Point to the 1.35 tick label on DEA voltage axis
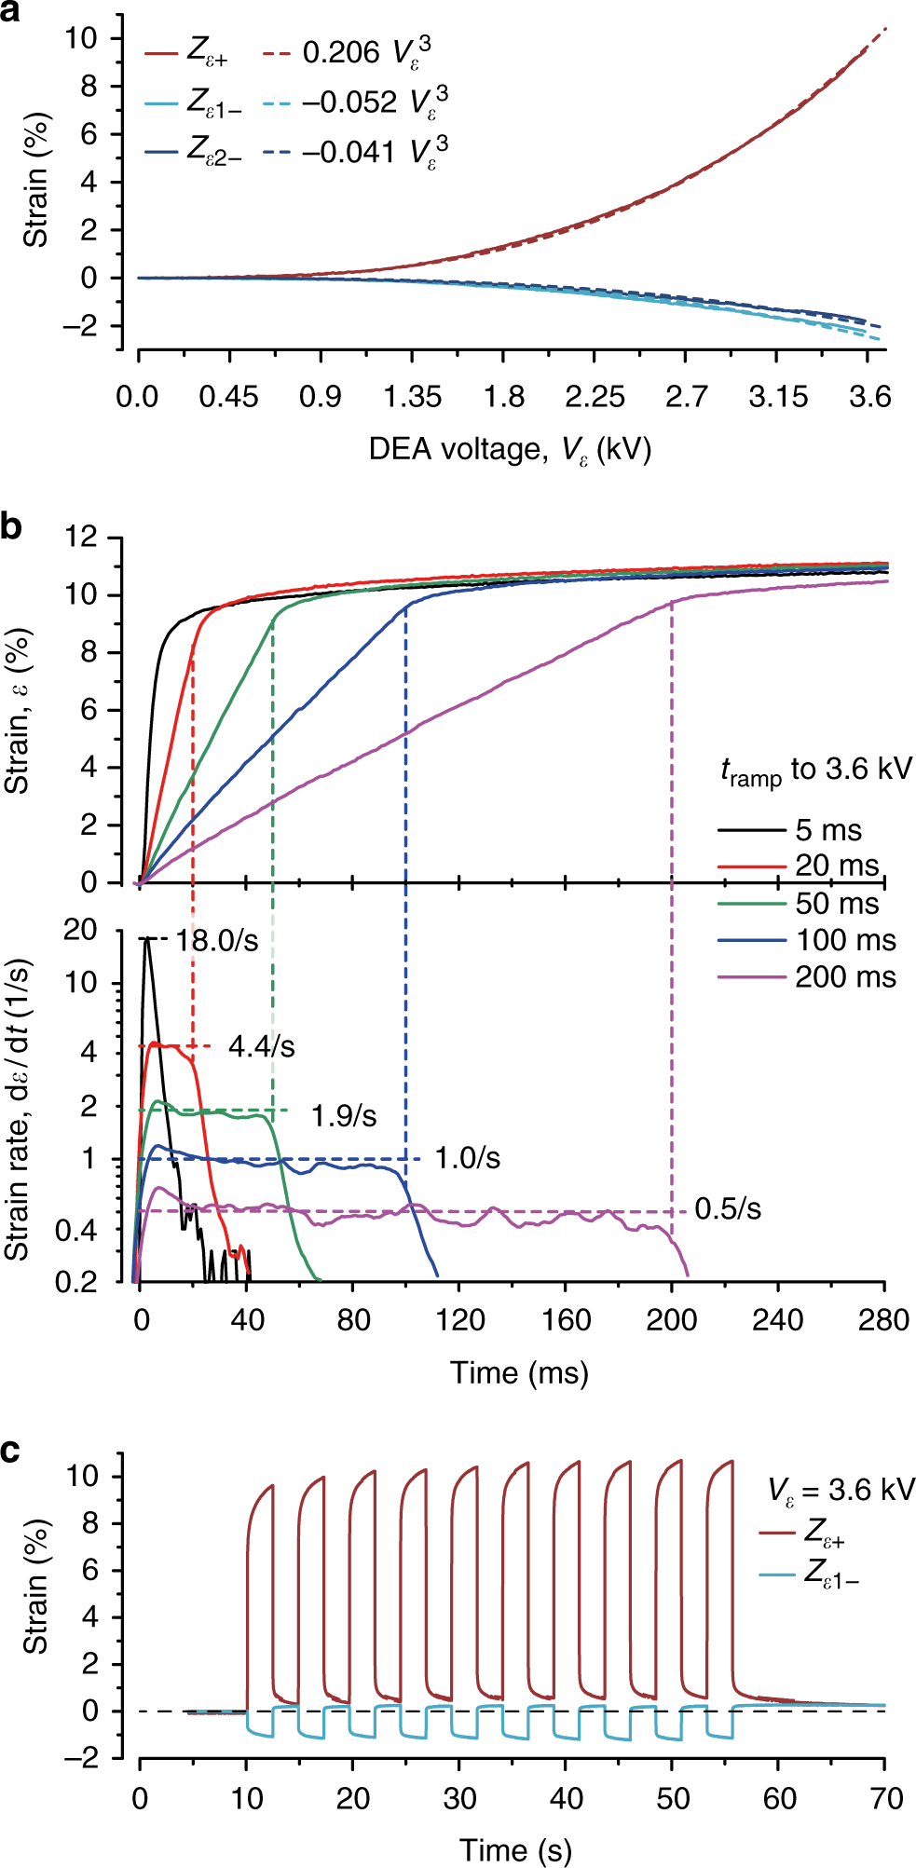[412, 398]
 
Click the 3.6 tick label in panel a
[869, 398]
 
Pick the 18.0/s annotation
[216, 940]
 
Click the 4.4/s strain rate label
[262, 1047]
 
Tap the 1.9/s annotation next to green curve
[344, 1115]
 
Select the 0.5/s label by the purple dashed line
[728, 1209]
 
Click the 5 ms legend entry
[827, 830]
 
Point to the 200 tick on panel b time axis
[672, 1320]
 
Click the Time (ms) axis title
[519, 1373]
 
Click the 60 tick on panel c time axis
[779, 1798]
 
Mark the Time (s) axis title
[514, 1850]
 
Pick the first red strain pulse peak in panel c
[272, 1486]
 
